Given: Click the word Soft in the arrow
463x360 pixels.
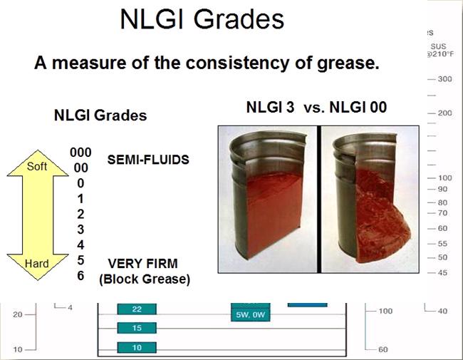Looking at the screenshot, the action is [37, 166].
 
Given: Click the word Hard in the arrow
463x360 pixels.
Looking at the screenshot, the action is [36, 263].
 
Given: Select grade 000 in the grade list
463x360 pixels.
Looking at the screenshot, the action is [80, 153].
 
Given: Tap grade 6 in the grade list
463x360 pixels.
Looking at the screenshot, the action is [80, 275].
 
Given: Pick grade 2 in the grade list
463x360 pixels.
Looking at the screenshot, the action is [80, 214].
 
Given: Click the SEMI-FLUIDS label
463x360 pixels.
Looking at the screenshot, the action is [148, 160].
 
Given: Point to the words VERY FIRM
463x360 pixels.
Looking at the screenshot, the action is [143, 263].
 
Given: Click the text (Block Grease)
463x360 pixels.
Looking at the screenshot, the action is [145, 279].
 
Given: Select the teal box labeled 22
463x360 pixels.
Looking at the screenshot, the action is [137, 309].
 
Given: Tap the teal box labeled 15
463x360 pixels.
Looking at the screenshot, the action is [137, 328].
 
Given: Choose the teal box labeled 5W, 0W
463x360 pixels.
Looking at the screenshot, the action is [251, 315].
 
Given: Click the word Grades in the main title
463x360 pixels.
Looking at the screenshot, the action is [239, 19].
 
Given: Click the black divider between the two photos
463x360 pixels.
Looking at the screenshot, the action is [319, 199].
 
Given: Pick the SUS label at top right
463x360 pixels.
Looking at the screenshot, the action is [439, 46].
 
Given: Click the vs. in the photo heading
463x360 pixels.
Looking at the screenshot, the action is [314, 108].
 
